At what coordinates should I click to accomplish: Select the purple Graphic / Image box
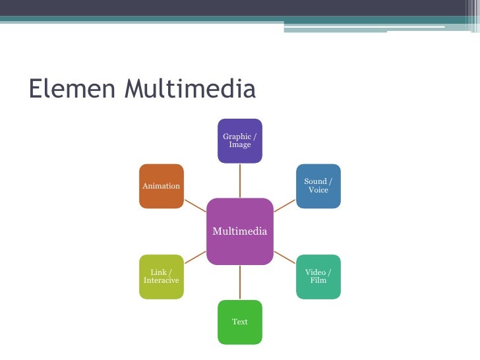240,140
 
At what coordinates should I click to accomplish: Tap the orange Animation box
162,186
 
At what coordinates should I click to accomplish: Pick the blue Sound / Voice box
318,186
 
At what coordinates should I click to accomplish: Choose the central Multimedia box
240,231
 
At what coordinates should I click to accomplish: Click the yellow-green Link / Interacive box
162,276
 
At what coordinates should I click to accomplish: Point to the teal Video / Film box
318,276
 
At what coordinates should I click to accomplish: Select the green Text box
240,322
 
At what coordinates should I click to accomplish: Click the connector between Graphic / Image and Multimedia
240,180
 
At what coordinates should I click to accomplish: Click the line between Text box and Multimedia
240,282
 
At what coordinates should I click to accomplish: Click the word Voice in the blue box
318,191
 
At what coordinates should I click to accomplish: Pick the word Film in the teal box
318,281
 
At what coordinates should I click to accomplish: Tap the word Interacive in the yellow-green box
162,281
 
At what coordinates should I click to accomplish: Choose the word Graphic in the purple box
237,136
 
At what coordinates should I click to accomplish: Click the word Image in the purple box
240,145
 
